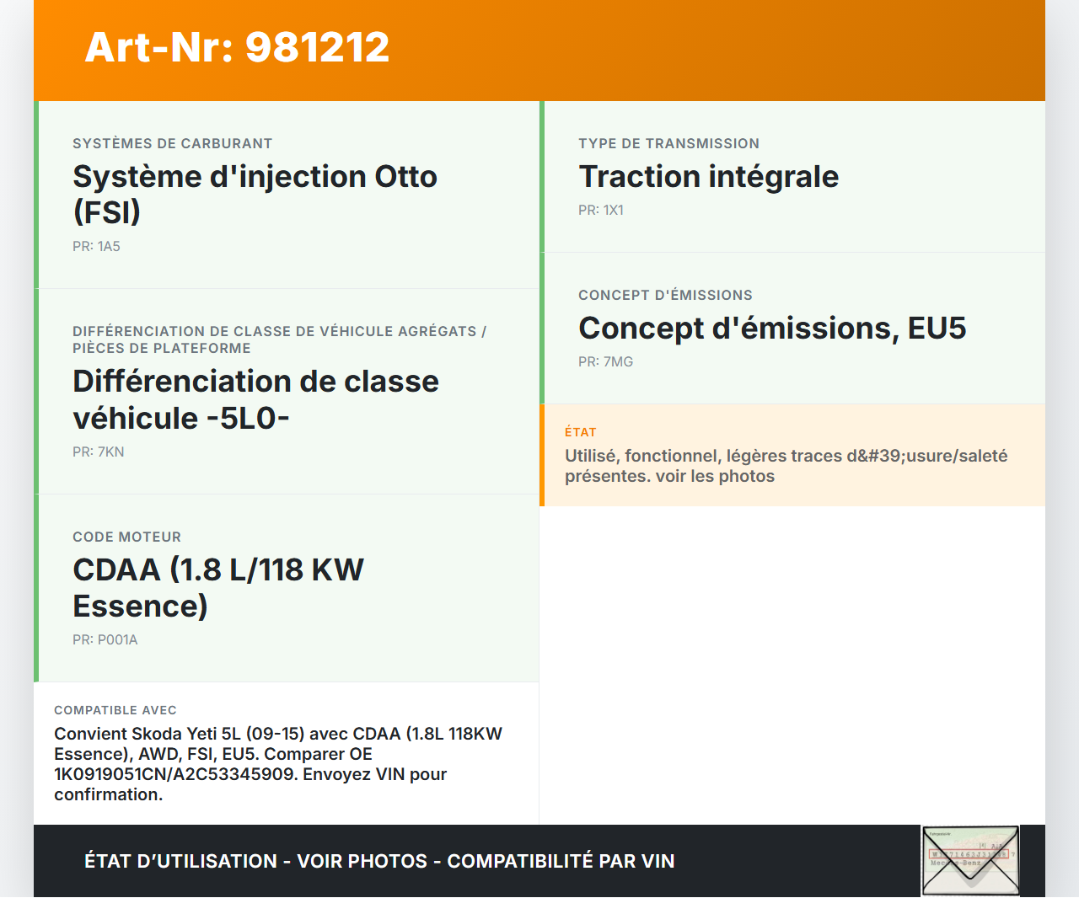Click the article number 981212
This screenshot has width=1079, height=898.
[317, 47]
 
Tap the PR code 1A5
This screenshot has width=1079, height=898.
[109, 246]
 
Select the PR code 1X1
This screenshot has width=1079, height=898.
[614, 210]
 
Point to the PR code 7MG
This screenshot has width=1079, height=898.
[618, 361]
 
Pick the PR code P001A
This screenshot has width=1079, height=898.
[117, 640]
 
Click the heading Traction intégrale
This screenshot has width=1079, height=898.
[708, 177]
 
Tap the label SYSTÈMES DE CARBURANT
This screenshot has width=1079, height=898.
[172, 143]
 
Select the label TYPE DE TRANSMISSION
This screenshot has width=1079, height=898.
[668, 143]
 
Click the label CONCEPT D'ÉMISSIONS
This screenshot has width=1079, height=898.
[665, 295]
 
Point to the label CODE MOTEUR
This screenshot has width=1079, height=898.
[126, 537]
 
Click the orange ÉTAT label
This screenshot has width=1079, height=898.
[580, 432]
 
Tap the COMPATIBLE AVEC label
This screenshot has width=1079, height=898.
[115, 710]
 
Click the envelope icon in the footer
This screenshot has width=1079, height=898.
[970, 860]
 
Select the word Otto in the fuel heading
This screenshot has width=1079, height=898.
[405, 177]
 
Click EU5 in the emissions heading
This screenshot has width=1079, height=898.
[937, 328]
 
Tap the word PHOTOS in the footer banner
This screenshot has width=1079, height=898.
[388, 861]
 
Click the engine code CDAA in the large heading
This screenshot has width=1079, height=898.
[117, 570]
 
